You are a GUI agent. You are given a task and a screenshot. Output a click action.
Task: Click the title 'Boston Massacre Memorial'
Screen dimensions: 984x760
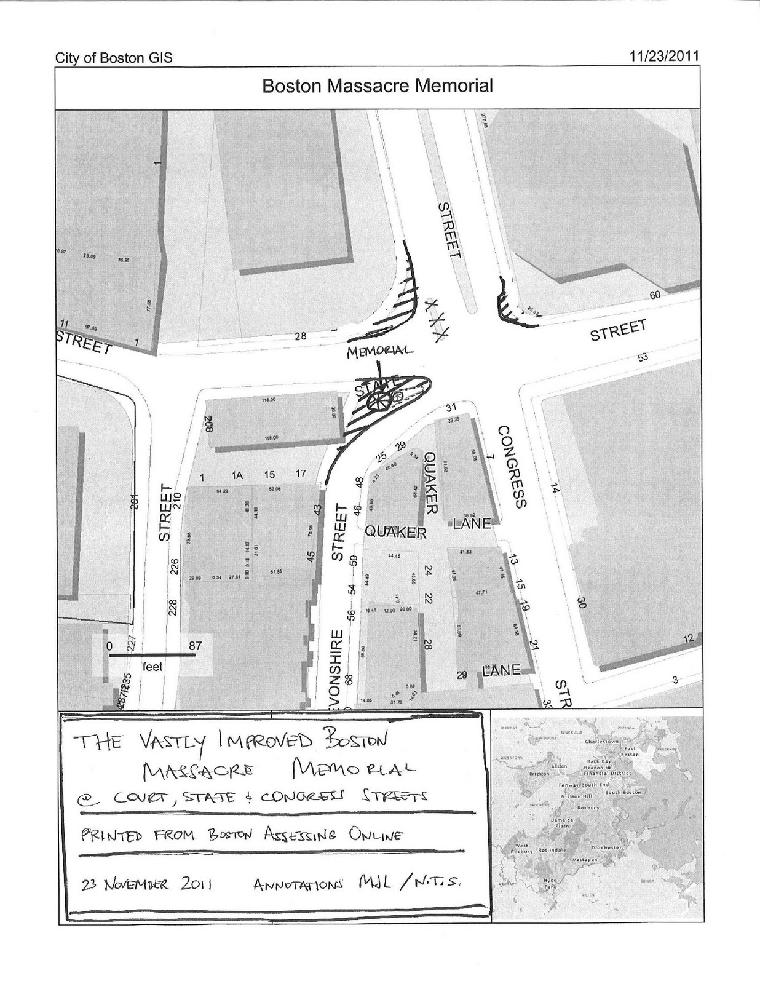pyautogui.click(x=377, y=85)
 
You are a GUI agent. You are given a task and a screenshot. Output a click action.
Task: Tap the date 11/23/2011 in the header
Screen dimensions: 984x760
pyautogui.click(x=664, y=57)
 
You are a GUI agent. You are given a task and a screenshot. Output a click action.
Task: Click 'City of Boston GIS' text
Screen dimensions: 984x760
pyautogui.click(x=114, y=58)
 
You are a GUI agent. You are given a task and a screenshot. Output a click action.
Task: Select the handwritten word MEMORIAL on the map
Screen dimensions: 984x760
pyautogui.click(x=380, y=351)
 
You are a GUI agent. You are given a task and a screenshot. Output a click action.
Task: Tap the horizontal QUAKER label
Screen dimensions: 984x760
pyautogui.click(x=395, y=532)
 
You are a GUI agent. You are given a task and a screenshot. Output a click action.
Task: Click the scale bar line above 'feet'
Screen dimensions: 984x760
pyautogui.click(x=152, y=656)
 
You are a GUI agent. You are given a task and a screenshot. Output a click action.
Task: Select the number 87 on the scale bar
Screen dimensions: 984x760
pyautogui.click(x=195, y=646)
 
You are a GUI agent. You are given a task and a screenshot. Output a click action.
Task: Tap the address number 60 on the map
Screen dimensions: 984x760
pyautogui.click(x=655, y=295)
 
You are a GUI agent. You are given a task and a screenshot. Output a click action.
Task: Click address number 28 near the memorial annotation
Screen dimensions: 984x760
pyautogui.click(x=301, y=336)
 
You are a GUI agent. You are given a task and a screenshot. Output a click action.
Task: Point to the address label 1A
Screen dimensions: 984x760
pyautogui.click(x=237, y=475)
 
